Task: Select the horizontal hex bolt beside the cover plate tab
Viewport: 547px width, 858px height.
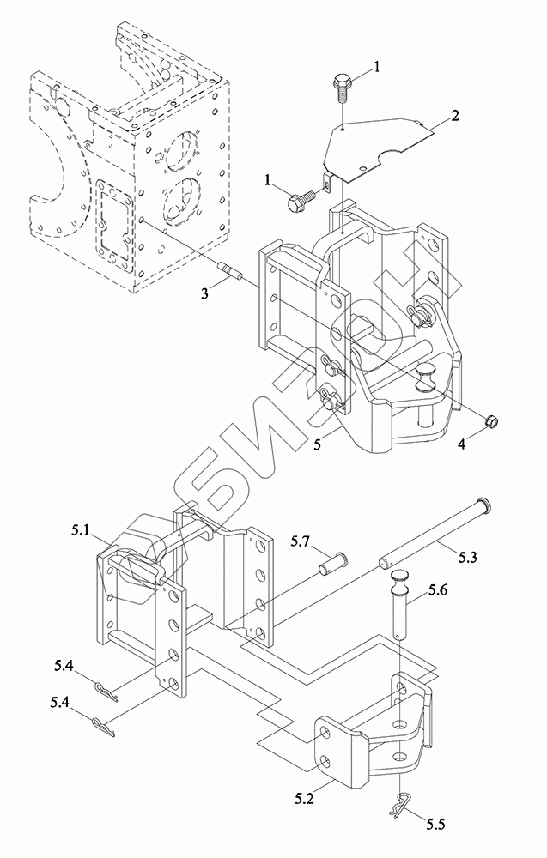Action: click(301, 200)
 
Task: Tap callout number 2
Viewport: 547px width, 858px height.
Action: click(454, 116)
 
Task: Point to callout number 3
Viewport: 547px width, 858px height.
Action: click(204, 293)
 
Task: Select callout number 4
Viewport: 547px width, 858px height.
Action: click(462, 444)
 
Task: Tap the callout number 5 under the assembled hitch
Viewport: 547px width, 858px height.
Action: click(318, 445)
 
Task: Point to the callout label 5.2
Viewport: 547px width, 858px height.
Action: click(304, 800)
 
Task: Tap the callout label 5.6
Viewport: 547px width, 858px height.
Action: click(439, 590)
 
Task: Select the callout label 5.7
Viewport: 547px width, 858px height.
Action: click(301, 543)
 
